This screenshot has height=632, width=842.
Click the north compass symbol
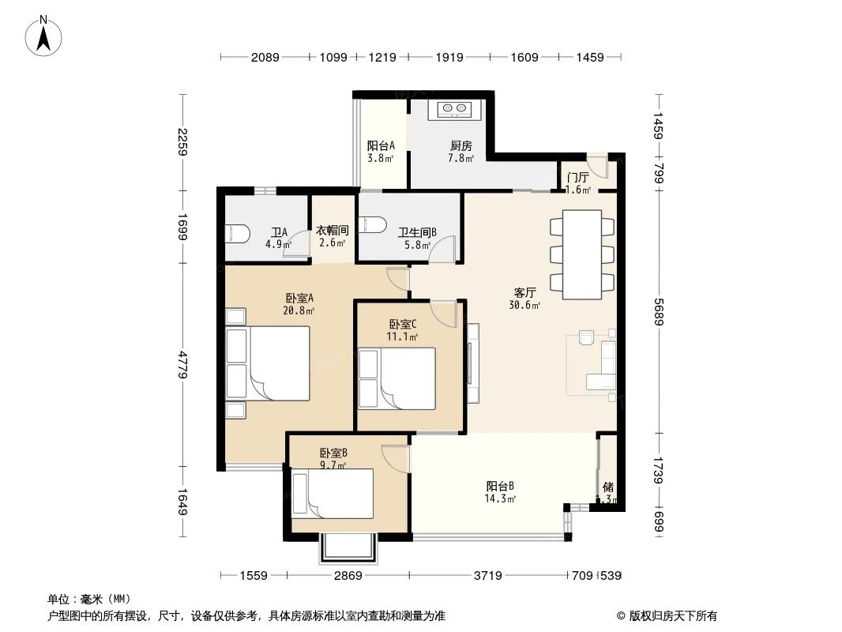pyautogui.click(x=45, y=36)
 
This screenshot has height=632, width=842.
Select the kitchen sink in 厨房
pyautogui.click(x=450, y=109)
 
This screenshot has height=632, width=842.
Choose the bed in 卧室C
pyautogui.click(x=397, y=378)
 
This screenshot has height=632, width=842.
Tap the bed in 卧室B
pyautogui.click(x=333, y=494)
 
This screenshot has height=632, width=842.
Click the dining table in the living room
pyautogui.click(x=582, y=254)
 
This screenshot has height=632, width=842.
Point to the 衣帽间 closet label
pyautogui.click(x=332, y=230)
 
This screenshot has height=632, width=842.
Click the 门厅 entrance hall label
pyautogui.click(x=577, y=177)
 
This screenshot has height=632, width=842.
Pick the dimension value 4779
pyautogui.click(x=182, y=365)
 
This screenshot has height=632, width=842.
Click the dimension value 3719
pyautogui.click(x=488, y=576)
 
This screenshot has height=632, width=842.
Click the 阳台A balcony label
pyautogui.click(x=380, y=145)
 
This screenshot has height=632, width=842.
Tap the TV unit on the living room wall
pyautogui.click(x=472, y=363)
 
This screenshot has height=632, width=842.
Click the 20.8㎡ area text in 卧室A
pyautogui.click(x=299, y=310)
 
